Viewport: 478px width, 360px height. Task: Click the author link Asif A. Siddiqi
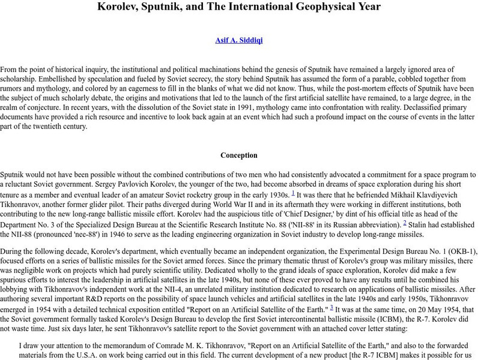[x=239, y=41]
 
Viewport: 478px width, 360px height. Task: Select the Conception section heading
[x=239, y=155]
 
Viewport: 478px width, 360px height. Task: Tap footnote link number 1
[x=292, y=192]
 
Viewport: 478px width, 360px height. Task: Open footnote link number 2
[x=405, y=221]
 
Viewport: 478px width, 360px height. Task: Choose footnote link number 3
[x=331, y=307]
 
